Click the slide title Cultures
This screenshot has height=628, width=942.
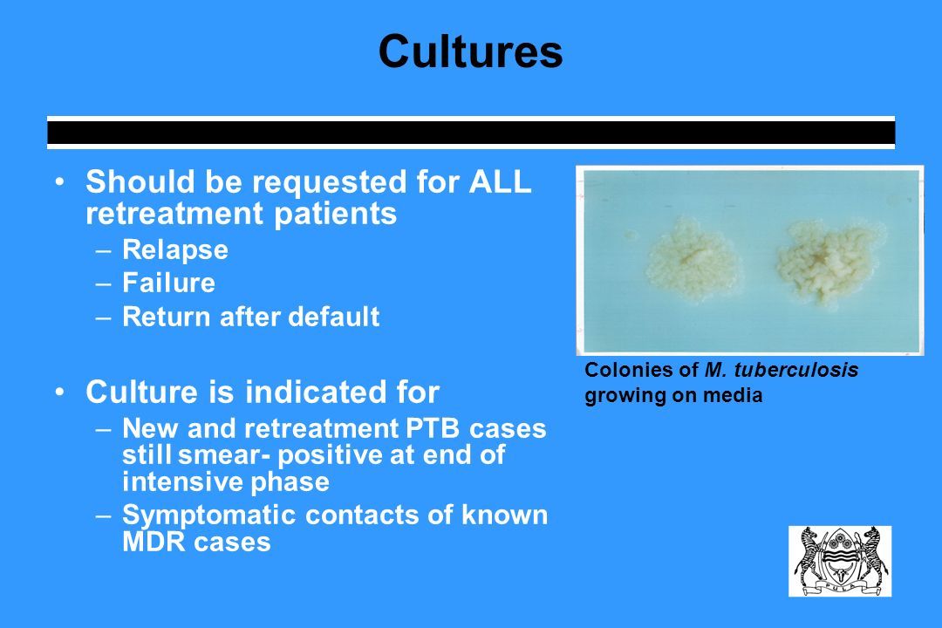470,51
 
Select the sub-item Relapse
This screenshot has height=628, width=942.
174,250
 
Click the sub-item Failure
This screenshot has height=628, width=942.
168,283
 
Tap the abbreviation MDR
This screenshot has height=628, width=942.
153,542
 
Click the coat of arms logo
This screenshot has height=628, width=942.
840,562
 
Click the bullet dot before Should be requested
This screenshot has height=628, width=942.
59,181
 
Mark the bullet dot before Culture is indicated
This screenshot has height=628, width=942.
59,392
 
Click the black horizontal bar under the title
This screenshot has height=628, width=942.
471,133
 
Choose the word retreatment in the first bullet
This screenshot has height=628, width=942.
174,214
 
